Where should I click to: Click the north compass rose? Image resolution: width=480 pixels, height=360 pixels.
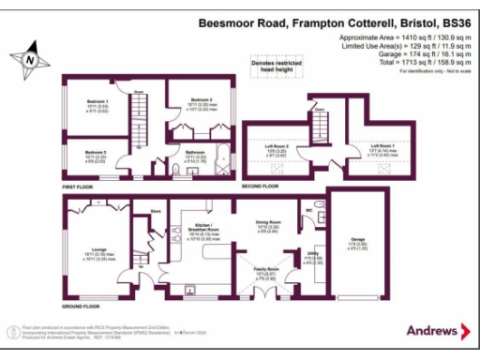[x=31, y=57]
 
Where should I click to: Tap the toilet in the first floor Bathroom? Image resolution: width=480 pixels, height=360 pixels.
[x=177, y=169]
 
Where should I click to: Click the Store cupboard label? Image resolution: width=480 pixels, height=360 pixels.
[x=144, y=223]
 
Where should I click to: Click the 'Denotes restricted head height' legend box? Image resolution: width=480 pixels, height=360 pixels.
[x=277, y=66]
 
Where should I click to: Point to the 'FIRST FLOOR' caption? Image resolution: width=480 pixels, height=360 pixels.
[x=81, y=187]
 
